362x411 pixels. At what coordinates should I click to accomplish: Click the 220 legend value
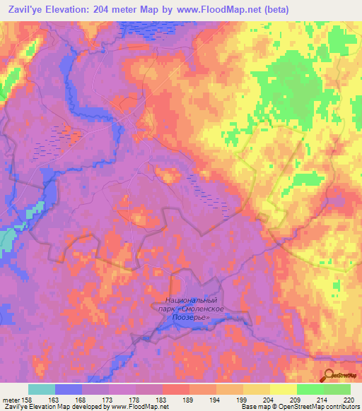(347, 399)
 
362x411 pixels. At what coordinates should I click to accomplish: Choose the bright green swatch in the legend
(337, 389)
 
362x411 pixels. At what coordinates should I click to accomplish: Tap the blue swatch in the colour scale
(68, 389)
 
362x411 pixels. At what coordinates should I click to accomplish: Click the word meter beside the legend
(11, 399)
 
